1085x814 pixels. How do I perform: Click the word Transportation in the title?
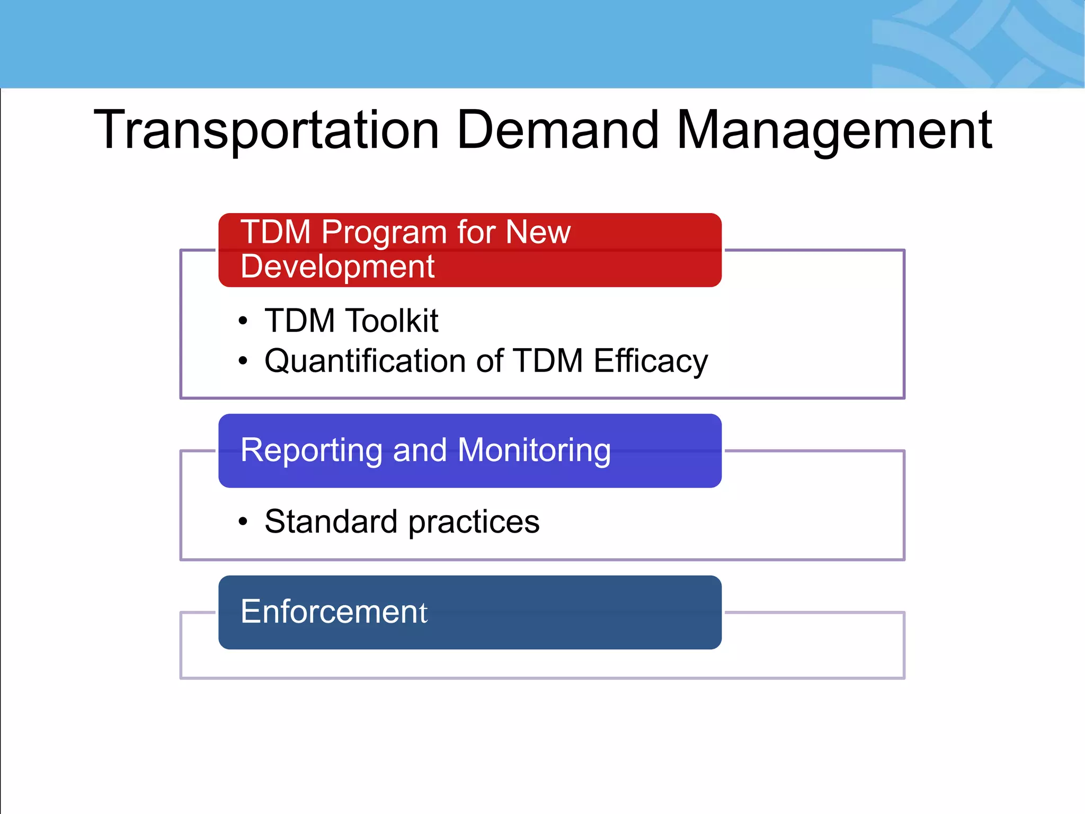[x=266, y=130]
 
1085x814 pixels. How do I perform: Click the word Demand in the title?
[x=557, y=130]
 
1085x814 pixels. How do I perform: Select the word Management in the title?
[x=834, y=130]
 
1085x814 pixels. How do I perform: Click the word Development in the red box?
[x=337, y=267]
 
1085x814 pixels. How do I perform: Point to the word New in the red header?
[x=538, y=232]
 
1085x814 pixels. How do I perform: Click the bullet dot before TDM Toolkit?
[x=243, y=321]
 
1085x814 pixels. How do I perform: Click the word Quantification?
[x=365, y=361]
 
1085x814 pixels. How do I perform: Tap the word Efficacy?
[x=651, y=361]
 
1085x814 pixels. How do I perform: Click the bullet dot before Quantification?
[x=243, y=361]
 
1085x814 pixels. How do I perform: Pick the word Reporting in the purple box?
[x=311, y=450]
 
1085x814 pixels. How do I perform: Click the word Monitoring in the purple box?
[x=534, y=450]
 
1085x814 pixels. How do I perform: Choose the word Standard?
[x=331, y=521]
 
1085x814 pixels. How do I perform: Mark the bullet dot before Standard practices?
[x=243, y=522]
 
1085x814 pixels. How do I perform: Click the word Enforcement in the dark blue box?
[x=334, y=612]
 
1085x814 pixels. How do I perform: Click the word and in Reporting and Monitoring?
[x=420, y=450]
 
